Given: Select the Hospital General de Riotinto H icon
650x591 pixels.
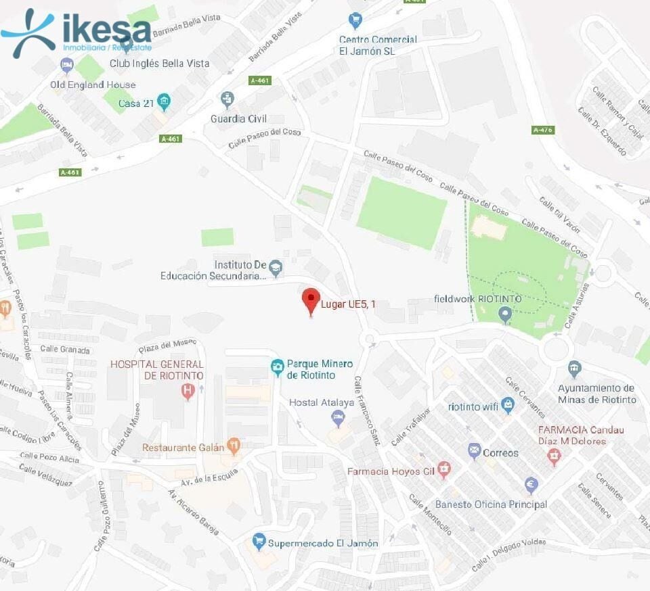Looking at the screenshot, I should pyautogui.click(x=188, y=391).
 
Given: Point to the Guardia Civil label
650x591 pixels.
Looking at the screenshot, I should pyautogui.click(x=239, y=118).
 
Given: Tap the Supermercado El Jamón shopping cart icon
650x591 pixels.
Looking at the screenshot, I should pyautogui.click(x=259, y=542).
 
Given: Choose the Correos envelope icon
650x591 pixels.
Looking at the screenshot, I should pyautogui.click(x=474, y=450).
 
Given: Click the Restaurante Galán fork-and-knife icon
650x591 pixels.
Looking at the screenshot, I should pyautogui.click(x=234, y=445).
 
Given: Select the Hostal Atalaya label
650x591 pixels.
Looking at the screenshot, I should pyautogui.click(x=322, y=402).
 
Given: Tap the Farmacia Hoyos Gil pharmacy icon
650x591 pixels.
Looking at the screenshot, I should pyautogui.click(x=444, y=468).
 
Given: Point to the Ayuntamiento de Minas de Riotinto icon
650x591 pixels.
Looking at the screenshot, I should pyautogui.click(x=575, y=369).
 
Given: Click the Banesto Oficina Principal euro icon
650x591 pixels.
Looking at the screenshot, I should pyautogui.click(x=532, y=485).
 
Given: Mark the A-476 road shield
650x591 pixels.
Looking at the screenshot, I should pyautogui.click(x=543, y=129).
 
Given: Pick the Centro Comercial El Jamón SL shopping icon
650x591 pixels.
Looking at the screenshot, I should pyautogui.click(x=355, y=21).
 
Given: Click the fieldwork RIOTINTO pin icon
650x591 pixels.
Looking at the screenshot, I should pyautogui.click(x=504, y=314).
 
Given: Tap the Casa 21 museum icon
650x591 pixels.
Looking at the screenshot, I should pyautogui.click(x=164, y=102).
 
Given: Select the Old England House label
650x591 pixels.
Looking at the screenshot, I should pyautogui.click(x=93, y=85).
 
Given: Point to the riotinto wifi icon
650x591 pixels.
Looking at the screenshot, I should pyautogui.click(x=508, y=404).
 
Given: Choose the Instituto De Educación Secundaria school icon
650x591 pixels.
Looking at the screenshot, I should pyautogui.click(x=276, y=266).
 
